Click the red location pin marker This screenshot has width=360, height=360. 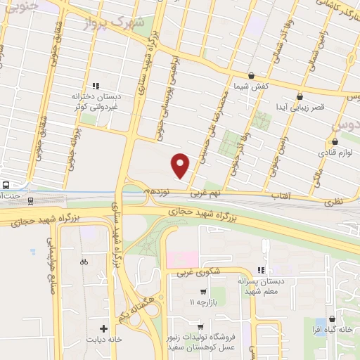[x=181, y=165]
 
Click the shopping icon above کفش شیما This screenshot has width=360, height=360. [x=251, y=75]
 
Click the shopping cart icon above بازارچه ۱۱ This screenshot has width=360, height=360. [x=203, y=292]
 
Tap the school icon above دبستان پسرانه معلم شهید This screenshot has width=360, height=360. [x=262, y=270]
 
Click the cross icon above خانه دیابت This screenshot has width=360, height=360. [x=104, y=328]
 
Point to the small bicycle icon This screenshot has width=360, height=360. [x=84, y=262]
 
